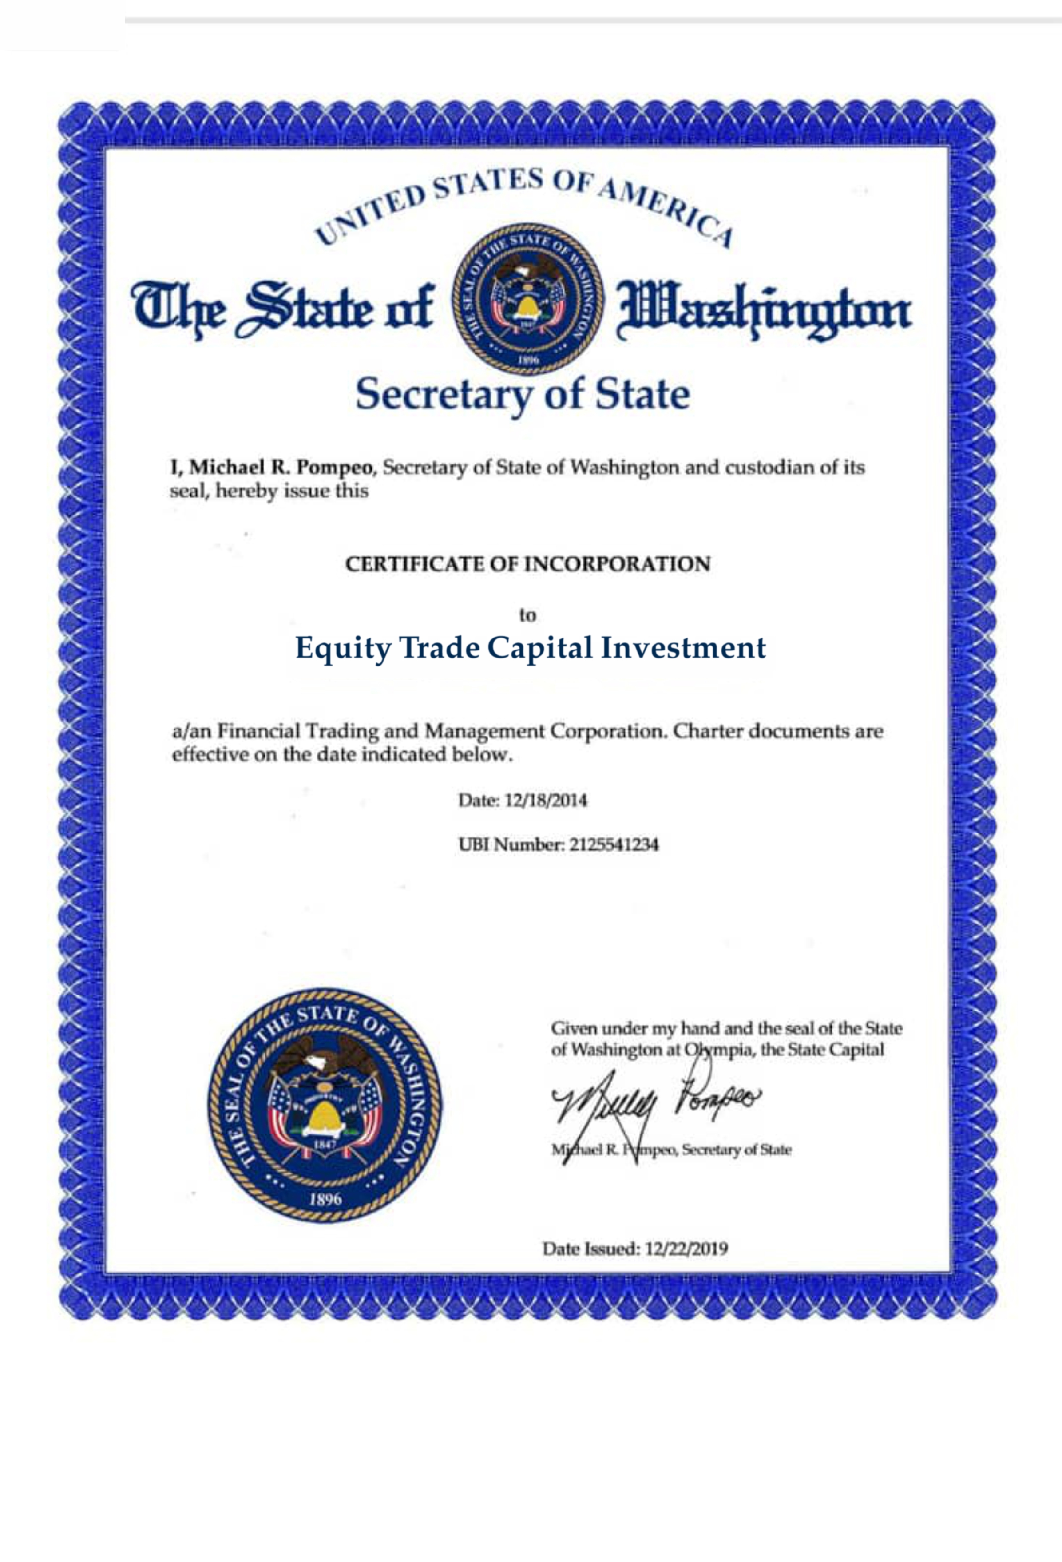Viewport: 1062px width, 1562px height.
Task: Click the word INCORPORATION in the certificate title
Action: tap(616, 564)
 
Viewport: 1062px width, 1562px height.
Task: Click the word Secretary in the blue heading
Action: tap(444, 395)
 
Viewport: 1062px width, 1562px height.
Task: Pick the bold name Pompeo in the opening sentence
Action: tap(334, 467)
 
